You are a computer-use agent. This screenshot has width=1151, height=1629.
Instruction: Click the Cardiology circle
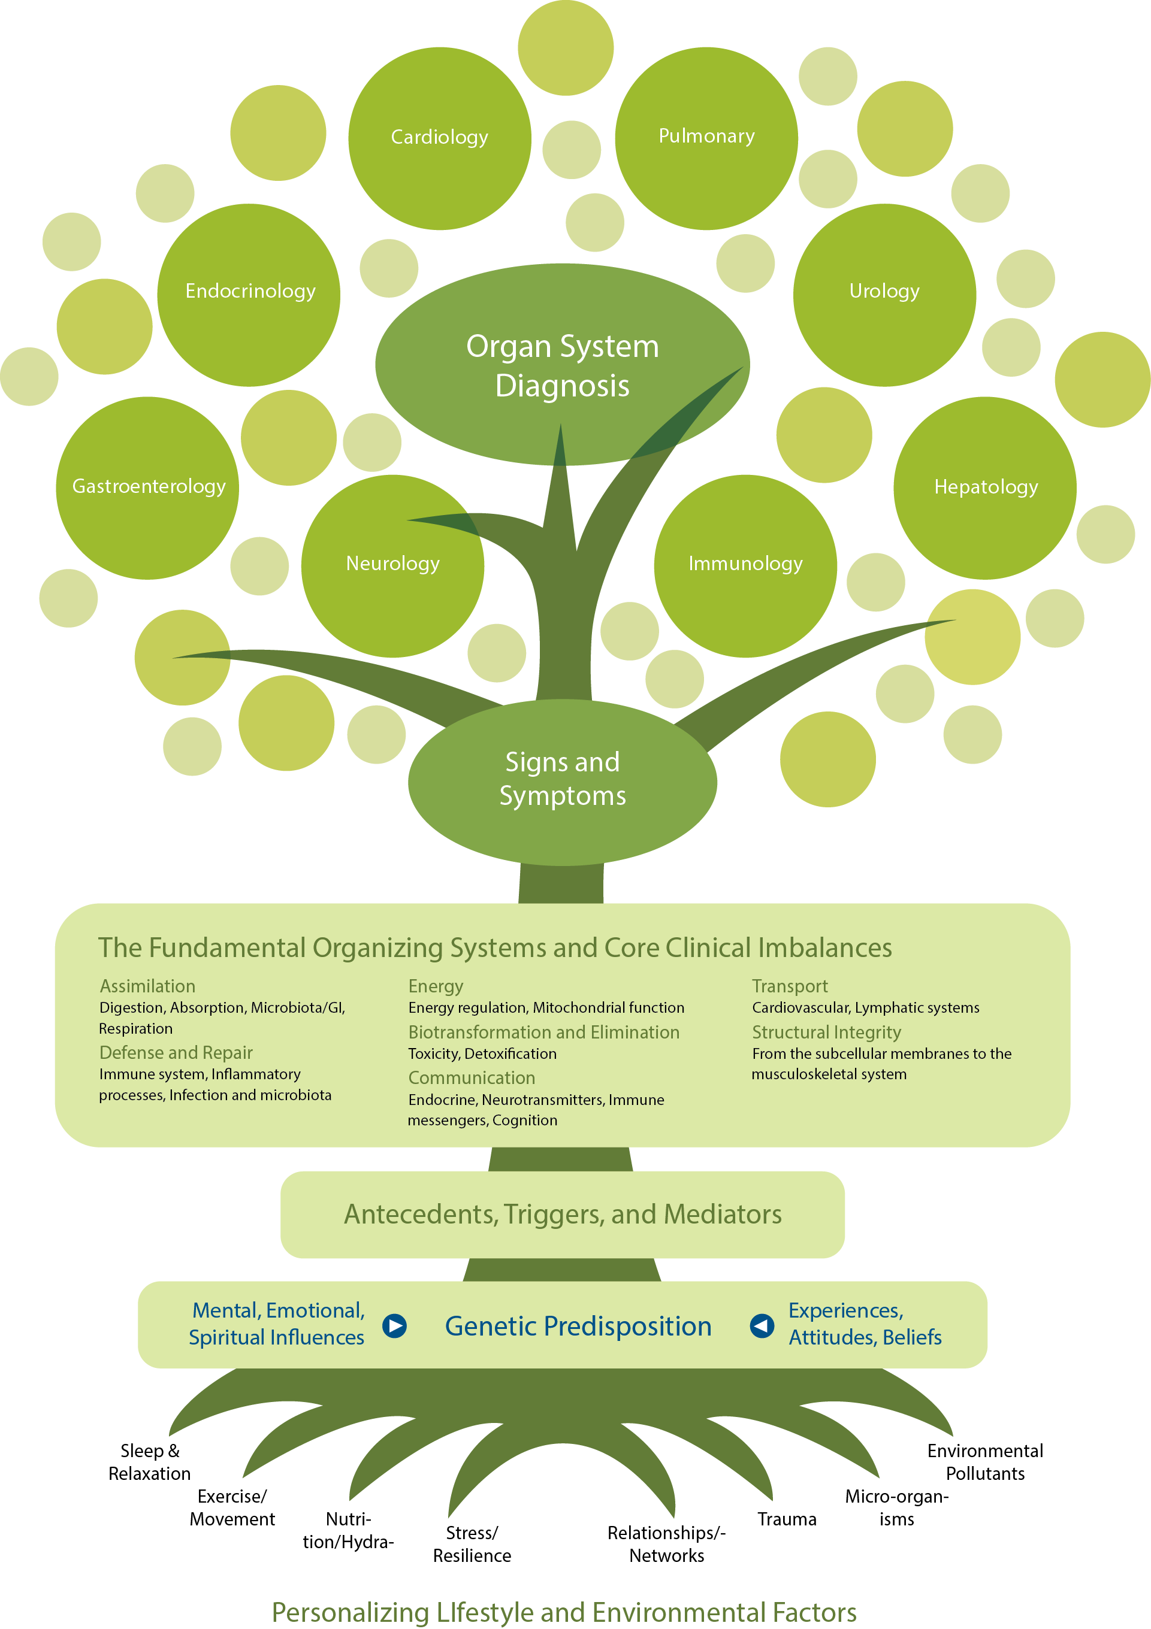coord(439,138)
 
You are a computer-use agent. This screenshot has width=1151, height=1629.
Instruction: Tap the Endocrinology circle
coord(249,295)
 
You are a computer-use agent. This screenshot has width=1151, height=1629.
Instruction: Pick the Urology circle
coord(884,295)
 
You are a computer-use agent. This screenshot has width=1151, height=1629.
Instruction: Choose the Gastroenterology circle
coord(147,488)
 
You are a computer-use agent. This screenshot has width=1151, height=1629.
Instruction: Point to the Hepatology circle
coord(985,488)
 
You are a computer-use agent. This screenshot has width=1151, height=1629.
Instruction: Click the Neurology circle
coord(392,566)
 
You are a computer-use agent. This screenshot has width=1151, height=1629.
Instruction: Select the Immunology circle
coord(745,566)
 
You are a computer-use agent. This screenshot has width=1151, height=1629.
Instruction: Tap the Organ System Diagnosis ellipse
coord(562,365)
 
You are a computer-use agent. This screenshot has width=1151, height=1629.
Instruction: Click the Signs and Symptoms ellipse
coord(562,782)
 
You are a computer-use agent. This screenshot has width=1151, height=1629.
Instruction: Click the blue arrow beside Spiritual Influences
coord(394,1325)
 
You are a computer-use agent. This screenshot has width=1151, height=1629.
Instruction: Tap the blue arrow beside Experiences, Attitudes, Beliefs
coord(762,1325)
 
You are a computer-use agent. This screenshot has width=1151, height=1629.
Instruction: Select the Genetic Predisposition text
coord(578,1326)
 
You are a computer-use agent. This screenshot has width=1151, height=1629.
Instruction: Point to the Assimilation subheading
coord(147,986)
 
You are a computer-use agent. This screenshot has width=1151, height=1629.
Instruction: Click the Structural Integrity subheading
coord(826,1032)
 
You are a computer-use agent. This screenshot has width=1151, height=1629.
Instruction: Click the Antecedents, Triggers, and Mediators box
coord(562,1215)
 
